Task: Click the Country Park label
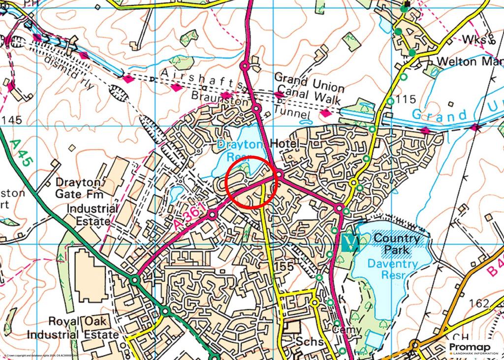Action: click(x=397, y=244)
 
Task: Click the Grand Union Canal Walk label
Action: click(x=309, y=88)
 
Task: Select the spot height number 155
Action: click(x=284, y=266)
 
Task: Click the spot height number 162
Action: click(x=479, y=303)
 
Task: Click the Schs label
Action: click(x=309, y=342)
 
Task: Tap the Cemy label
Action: click(x=346, y=329)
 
